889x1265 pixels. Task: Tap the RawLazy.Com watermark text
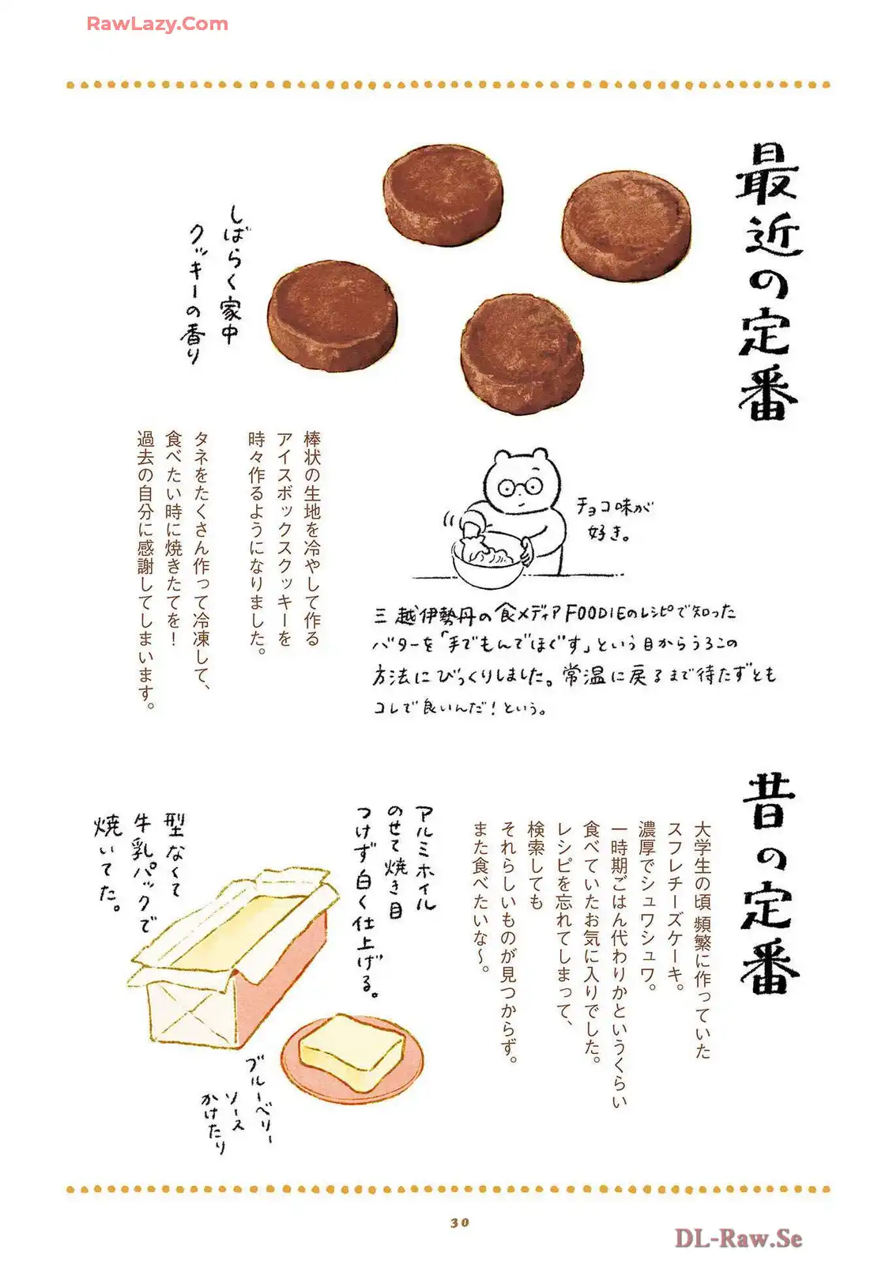click(157, 24)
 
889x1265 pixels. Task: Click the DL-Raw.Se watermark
click(738, 1238)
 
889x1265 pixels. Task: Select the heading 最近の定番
click(768, 281)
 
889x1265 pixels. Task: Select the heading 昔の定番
click(770, 885)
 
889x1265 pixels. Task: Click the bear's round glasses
click(519, 486)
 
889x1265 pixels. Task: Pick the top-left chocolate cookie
click(443, 194)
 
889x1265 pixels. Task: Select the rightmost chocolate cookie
click(627, 225)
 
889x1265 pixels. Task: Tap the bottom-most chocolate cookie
click(522, 353)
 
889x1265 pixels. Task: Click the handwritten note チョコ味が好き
click(613, 519)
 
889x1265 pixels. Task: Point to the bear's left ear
click(501, 455)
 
